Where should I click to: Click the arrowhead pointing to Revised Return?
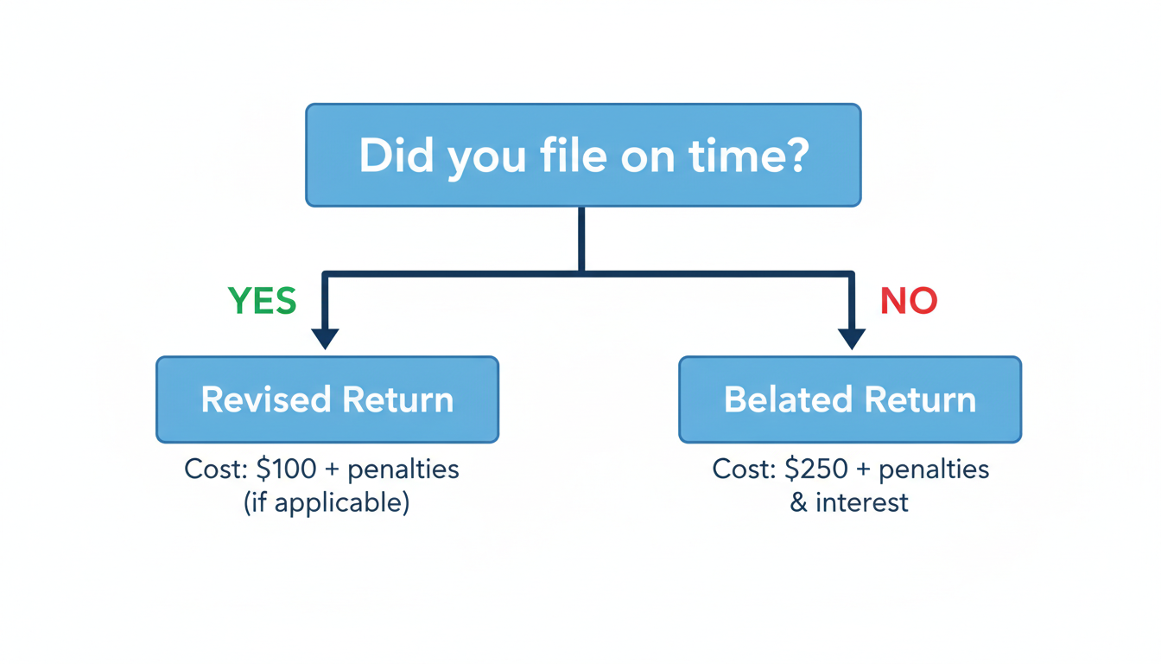tap(325, 338)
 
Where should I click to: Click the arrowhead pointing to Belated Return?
tap(852, 338)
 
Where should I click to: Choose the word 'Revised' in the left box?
tap(266, 400)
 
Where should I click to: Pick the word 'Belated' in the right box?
tap(787, 400)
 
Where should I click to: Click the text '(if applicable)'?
tap(327, 502)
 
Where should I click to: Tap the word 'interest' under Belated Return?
tap(862, 502)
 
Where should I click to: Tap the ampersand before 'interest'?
tap(799, 502)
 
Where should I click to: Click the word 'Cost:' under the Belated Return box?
tap(744, 469)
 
